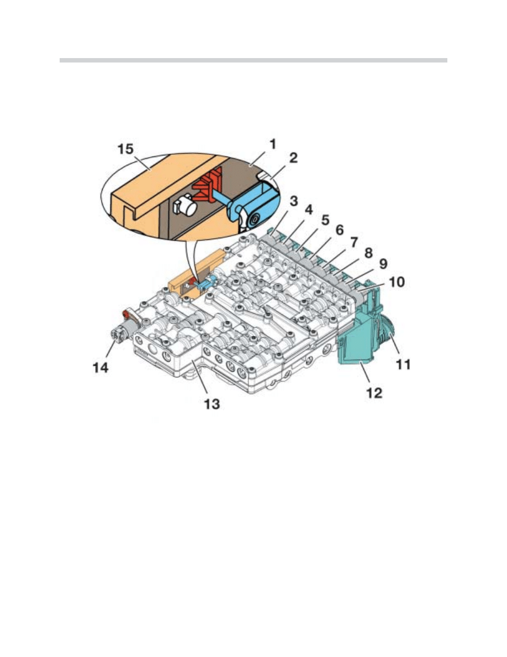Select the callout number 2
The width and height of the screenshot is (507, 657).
coord(293,158)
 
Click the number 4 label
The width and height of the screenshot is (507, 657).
coord(309,211)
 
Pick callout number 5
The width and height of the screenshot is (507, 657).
coord(325,221)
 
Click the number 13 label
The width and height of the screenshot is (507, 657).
coord(212,404)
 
